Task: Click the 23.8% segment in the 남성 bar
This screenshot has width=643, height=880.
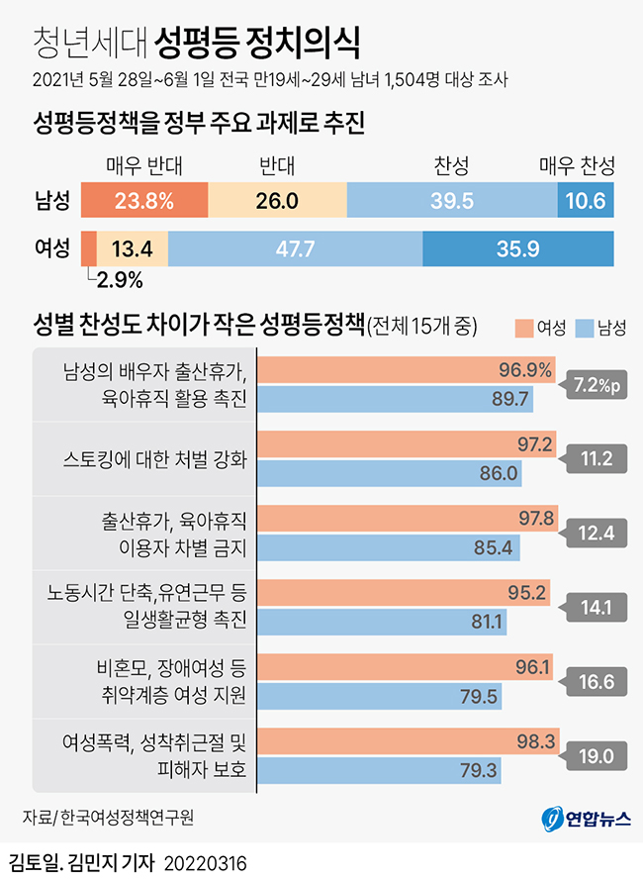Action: click(144, 201)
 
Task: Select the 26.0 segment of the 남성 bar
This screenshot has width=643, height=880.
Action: click(277, 201)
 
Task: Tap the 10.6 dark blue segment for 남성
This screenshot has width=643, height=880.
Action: click(586, 201)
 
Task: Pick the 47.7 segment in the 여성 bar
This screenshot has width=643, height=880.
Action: click(295, 248)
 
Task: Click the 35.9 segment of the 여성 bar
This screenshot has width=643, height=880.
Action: click(517, 248)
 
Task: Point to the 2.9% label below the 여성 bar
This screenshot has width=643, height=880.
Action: click(120, 280)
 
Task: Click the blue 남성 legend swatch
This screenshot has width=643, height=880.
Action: click(583, 326)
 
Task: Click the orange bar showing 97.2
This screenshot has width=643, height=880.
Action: click(407, 443)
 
